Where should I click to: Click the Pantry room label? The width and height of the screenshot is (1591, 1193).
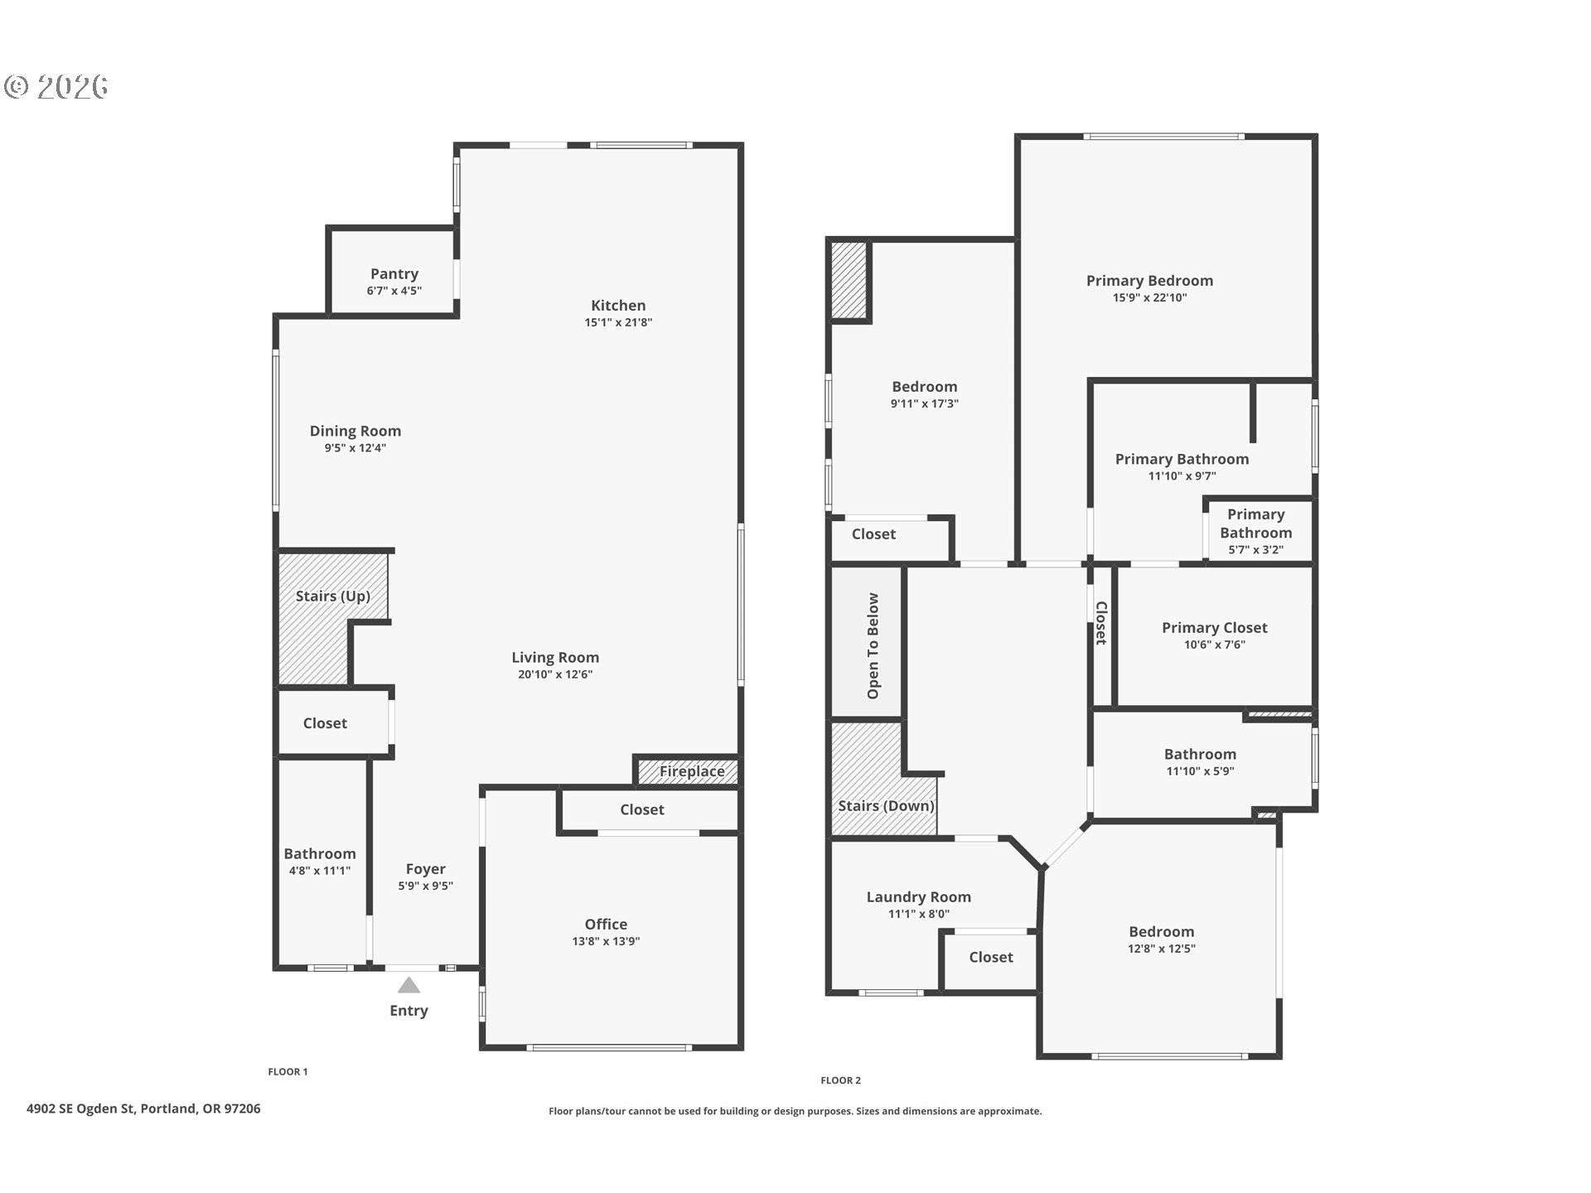click(394, 273)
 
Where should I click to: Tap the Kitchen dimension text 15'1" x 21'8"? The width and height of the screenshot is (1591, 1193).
click(618, 322)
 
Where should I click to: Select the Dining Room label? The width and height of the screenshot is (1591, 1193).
click(355, 431)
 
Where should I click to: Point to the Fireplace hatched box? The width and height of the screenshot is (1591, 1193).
click(687, 770)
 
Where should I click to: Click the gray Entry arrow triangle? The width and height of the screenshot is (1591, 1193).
click(409, 985)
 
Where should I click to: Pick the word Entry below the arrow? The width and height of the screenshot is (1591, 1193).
click(409, 1011)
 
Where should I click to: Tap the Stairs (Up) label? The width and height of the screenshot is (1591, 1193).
click(333, 596)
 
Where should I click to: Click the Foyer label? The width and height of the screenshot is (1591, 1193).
click(426, 869)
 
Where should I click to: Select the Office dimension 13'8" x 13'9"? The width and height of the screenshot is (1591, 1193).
click(606, 941)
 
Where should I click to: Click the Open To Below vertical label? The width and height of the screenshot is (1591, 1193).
click(873, 645)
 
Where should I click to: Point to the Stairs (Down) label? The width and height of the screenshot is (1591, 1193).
click(886, 805)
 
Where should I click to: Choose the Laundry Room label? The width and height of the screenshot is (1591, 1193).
click(918, 896)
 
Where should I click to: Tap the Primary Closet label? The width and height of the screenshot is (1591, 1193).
click(1215, 628)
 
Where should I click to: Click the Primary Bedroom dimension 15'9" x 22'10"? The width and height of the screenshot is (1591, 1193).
click(1149, 297)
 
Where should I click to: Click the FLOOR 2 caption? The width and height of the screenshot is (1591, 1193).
click(841, 1080)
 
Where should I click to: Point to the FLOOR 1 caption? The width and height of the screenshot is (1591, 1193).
click(288, 1072)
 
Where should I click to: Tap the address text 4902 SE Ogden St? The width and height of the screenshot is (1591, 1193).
click(80, 1108)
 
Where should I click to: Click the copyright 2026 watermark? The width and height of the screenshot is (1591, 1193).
click(56, 87)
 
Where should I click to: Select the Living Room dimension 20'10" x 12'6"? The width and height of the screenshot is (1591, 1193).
click(555, 674)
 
